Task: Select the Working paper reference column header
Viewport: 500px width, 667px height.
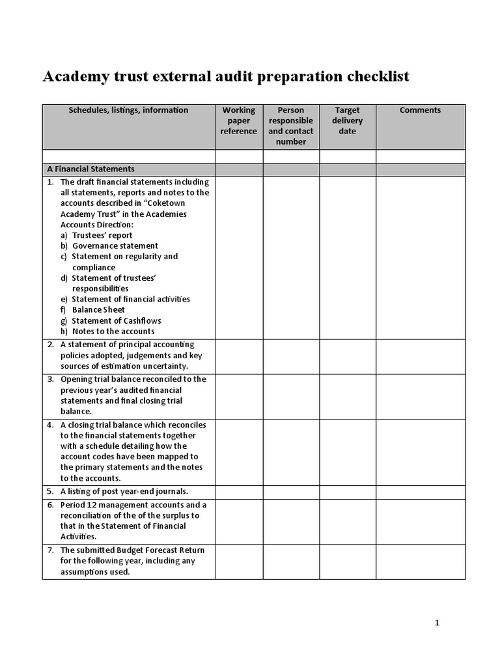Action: [x=239, y=121]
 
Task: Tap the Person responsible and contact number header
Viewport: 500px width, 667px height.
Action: [x=291, y=126]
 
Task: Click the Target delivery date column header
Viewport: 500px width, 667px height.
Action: [x=348, y=121]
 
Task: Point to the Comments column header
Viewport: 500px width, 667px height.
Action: [x=420, y=110]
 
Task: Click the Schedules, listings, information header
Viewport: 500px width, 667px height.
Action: [x=128, y=110]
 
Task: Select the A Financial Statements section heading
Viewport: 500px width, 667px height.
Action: [x=91, y=169]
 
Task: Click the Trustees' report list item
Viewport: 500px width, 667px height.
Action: [x=102, y=235]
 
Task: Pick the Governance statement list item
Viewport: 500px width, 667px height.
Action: [x=115, y=246]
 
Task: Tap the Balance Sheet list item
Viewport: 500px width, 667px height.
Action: [x=98, y=309]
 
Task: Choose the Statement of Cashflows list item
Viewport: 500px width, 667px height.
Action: [x=116, y=320]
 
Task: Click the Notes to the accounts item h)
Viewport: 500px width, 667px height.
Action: [x=113, y=331]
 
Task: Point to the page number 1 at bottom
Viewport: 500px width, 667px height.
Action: [x=437, y=623]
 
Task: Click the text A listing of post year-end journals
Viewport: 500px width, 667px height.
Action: [x=124, y=492]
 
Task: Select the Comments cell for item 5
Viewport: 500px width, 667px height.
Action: [x=421, y=492]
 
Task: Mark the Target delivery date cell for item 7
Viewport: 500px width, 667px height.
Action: [x=348, y=561]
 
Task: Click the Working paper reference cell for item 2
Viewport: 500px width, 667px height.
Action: [x=239, y=356]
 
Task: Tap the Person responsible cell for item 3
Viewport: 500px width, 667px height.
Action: [x=291, y=395]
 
